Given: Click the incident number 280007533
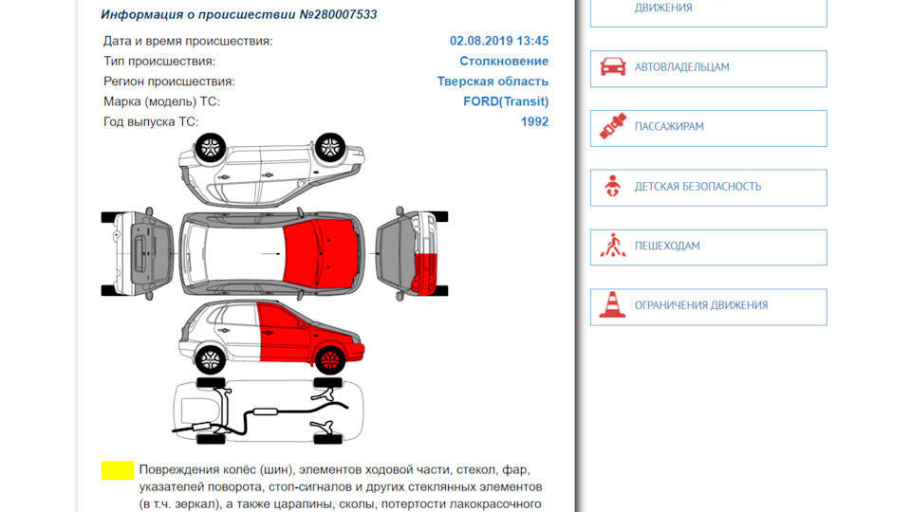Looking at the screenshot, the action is pos(345,14).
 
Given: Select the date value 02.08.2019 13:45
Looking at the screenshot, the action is pos(499,41).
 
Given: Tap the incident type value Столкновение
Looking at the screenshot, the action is pos(504,61).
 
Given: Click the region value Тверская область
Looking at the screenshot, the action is pos(493,82).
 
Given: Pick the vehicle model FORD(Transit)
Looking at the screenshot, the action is pos(506,101).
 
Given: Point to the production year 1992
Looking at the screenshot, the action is pos(534,122).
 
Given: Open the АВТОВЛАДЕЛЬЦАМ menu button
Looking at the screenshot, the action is pos(709,68).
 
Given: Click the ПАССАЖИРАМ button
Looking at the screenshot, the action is pos(709,128).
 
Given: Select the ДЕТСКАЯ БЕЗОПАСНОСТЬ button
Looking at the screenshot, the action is pos(709,188).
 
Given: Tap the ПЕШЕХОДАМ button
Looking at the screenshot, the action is pos(709,247).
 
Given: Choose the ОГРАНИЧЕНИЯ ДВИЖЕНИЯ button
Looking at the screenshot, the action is pos(709,307).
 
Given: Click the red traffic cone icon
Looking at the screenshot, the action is pos(612,305).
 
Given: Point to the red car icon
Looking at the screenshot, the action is pos(613,66).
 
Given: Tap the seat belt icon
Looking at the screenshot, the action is pos(613,126).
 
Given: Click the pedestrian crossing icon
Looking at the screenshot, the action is pos(613,246).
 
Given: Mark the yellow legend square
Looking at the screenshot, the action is pos(118,470).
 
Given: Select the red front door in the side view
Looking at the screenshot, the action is pos(285,332).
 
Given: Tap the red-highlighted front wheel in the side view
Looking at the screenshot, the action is pos(329,360).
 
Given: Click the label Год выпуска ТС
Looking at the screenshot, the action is pos(151,122).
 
